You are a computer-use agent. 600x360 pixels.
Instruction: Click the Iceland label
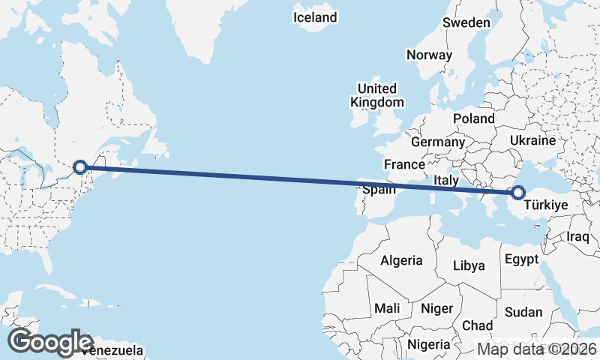coord(315,17)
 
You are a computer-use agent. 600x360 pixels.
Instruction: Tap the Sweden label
coord(466,22)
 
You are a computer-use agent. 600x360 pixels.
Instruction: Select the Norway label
coord(430,55)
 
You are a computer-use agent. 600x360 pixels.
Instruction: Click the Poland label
coord(474,118)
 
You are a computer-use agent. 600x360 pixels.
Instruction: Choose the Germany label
coord(438,142)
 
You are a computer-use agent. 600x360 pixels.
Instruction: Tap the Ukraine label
coord(532,140)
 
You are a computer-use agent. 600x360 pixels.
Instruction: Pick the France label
coord(404,164)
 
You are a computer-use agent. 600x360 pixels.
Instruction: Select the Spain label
coord(379,190)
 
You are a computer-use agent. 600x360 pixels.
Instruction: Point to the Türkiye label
coord(545,205)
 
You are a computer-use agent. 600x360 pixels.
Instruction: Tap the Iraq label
coord(579,237)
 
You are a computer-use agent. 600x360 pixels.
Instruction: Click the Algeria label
coord(402,261)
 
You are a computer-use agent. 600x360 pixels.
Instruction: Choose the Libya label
coord(469,265)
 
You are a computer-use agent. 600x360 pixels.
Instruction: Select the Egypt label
coord(522,259)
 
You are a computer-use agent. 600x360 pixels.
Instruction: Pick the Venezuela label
coord(112,350)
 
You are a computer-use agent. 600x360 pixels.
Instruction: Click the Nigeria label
coord(429,344)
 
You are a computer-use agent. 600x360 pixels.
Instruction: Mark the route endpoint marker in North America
coord(79,167)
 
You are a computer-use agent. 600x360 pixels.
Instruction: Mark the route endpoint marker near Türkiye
coord(517,192)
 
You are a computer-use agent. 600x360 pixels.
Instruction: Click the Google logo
coord(50,342)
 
